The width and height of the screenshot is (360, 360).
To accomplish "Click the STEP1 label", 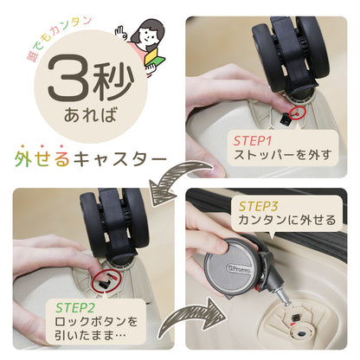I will click(x=251, y=138).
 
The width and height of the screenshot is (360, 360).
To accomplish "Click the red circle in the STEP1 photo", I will click(x=297, y=111).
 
